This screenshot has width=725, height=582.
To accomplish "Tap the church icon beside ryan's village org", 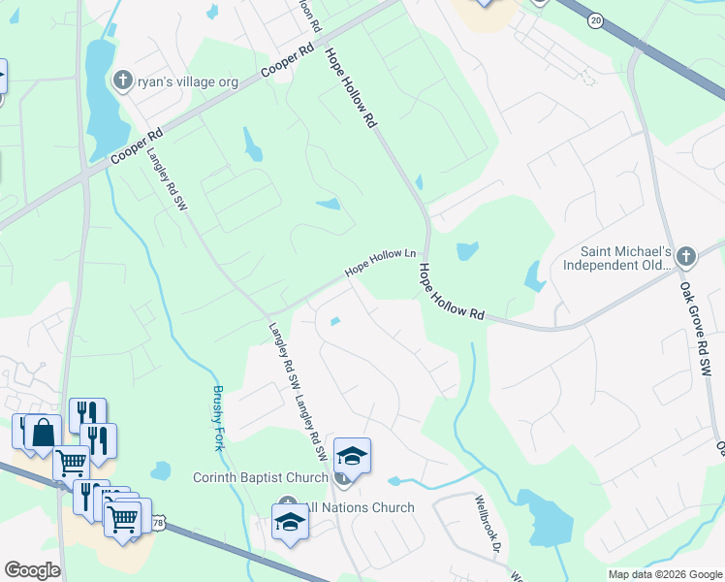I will [x=123, y=81].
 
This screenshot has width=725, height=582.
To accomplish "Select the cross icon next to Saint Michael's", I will [x=686, y=257].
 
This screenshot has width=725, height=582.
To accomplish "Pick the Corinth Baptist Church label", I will [x=261, y=477].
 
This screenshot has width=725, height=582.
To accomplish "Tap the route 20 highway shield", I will [x=595, y=18].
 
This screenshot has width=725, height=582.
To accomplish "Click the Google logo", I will [x=31, y=570].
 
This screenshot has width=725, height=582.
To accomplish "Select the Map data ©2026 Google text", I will [x=664, y=574].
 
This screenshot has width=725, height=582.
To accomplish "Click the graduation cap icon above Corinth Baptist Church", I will [x=352, y=456].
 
